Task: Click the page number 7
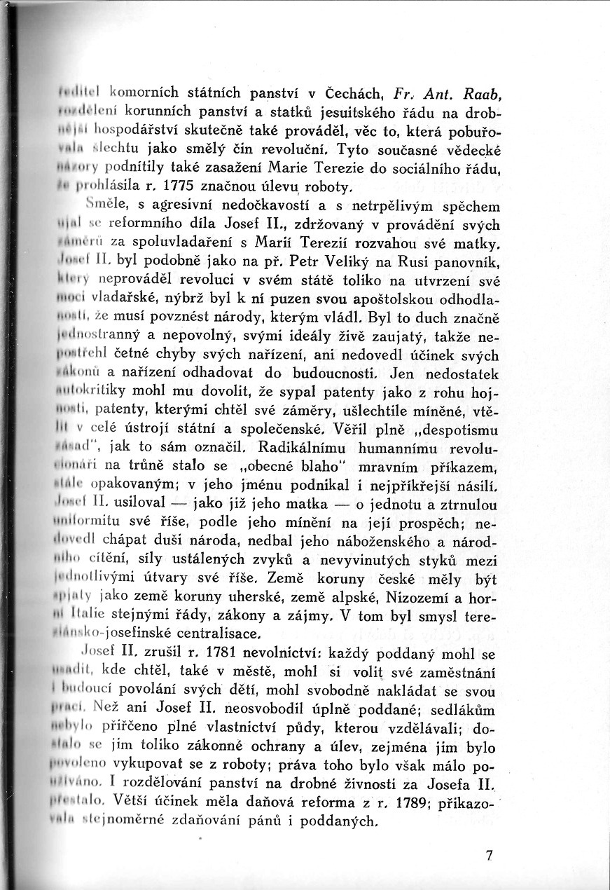[x=489, y=856]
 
